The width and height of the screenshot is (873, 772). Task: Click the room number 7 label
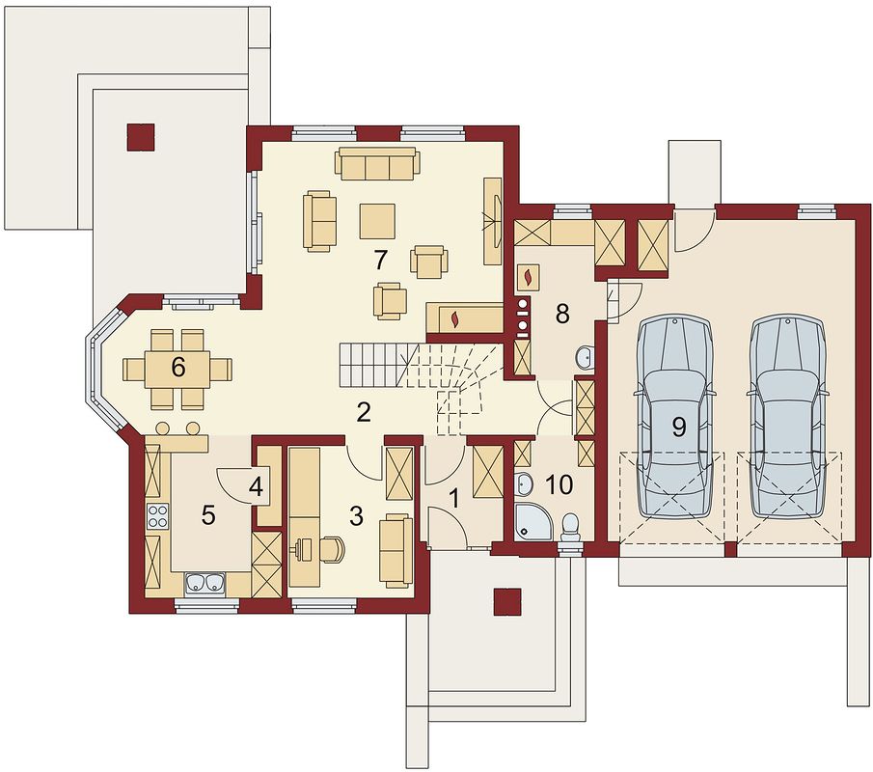click(x=380, y=260)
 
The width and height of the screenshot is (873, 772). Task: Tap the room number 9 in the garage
click(x=679, y=427)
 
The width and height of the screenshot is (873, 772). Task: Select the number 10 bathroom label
click(x=560, y=485)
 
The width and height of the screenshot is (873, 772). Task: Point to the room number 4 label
click(x=256, y=487)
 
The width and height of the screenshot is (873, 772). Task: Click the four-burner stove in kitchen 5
click(x=157, y=515)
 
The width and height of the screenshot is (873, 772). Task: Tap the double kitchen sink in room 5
click(x=204, y=583)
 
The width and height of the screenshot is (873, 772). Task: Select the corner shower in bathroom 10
click(x=532, y=521)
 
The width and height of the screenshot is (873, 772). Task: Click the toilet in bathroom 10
click(x=571, y=529)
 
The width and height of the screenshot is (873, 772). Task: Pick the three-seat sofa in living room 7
click(x=377, y=164)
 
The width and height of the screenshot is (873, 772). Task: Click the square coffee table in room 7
click(x=377, y=222)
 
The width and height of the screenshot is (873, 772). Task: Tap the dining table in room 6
click(x=177, y=369)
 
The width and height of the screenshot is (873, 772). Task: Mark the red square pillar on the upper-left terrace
click(x=141, y=137)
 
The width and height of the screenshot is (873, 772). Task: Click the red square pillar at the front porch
click(x=507, y=602)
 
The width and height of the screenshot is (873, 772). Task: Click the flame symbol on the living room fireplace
click(x=455, y=319)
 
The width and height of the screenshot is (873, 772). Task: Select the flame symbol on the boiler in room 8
click(x=529, y=276)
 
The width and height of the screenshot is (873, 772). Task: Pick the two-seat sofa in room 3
click(x=397, y=550)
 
